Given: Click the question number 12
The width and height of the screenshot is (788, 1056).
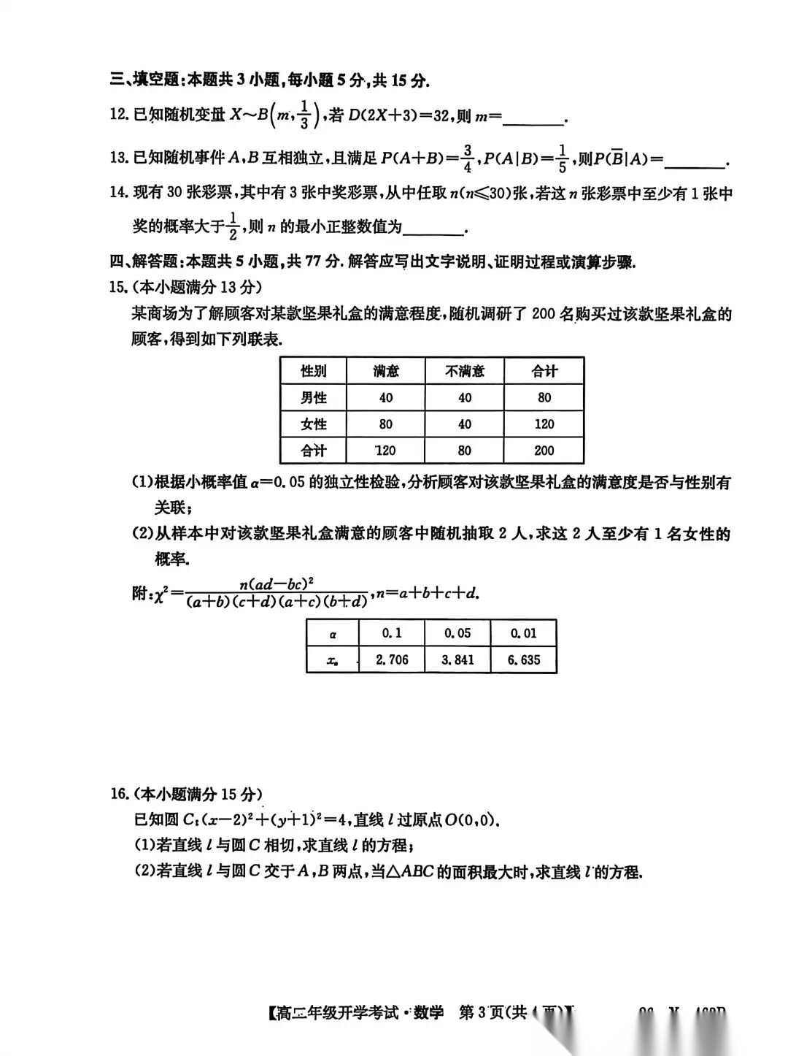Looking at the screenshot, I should pyautogui.click(x=118, y=115).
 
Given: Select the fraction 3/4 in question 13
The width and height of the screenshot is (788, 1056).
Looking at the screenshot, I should pyautogui.click(x=468, y=158).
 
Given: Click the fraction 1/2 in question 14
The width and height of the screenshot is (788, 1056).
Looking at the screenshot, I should pyautogui.click(x=233, y=226).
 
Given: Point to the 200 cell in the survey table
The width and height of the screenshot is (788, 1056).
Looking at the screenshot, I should pyautogui.click(x=544, y=451).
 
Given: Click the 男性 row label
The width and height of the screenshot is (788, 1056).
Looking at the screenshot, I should pyautogui.click(x=314, y=398).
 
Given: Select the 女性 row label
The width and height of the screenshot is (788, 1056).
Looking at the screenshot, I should pyautogui.click(x=314, y=424).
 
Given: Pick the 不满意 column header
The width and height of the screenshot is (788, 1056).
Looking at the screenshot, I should pyautogui.click(x=464, y=371).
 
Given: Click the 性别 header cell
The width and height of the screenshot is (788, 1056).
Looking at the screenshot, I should pyautogui.click(x=314, y=371).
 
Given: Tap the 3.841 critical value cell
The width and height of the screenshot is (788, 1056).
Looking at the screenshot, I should pyautogui.click(x=457, y=660).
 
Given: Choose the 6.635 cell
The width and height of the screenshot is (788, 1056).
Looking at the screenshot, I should pyautogui.click(x=523, y=660).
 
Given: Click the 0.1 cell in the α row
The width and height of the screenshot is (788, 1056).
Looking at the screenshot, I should pyautogui.click(x=392, y=633).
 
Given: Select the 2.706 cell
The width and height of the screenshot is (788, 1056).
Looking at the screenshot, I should pyautogui.click(x=392, y=660).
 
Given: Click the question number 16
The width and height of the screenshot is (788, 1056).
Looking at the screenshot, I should pyautogui.click(x=119, y=795).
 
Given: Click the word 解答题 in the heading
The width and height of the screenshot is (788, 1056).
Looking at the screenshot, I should pyautogui.click(x=155, y=262).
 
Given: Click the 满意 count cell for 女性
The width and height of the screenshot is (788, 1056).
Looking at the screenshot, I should pyautogui.click(x=386, y=424).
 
